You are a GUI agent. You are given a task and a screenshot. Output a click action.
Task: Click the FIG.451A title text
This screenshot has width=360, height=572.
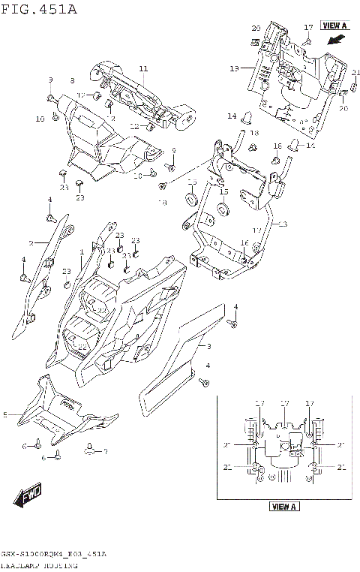tap(39, 8)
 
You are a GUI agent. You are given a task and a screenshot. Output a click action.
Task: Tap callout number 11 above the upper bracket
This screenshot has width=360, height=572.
tap(143, 70)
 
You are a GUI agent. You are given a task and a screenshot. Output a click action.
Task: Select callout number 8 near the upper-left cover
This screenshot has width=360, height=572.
tap(73, 80)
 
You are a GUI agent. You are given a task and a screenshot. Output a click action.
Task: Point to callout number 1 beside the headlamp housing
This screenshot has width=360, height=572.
tap(82, 251)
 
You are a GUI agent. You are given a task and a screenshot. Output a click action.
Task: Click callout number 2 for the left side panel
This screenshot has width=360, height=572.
tap(31, 243)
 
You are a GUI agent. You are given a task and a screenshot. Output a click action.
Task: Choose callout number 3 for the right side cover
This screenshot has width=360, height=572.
tap(208, 346)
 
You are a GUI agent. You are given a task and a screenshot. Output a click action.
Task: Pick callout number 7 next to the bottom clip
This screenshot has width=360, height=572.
tap(106, 451)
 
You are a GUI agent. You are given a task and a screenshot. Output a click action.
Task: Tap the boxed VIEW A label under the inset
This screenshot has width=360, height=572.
tap(284, 507)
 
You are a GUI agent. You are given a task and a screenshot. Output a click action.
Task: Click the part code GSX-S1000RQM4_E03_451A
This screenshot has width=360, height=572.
tap(53, 554)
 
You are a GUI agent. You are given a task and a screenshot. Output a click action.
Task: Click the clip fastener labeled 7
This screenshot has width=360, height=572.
tap(91, 450)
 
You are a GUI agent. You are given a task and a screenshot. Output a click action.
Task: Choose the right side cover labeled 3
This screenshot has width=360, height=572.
tap(180, 360)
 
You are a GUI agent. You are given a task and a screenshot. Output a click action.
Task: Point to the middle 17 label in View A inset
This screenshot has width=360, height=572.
tap(284, 404)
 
